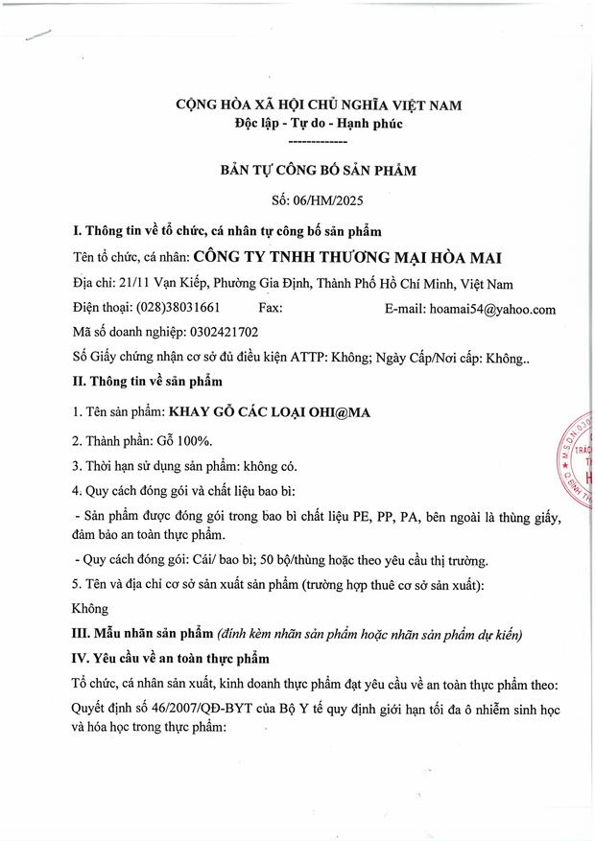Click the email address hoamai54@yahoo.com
coord(495,309)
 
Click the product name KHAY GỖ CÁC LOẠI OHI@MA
coord(270,412)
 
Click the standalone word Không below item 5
coord(90,608)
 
